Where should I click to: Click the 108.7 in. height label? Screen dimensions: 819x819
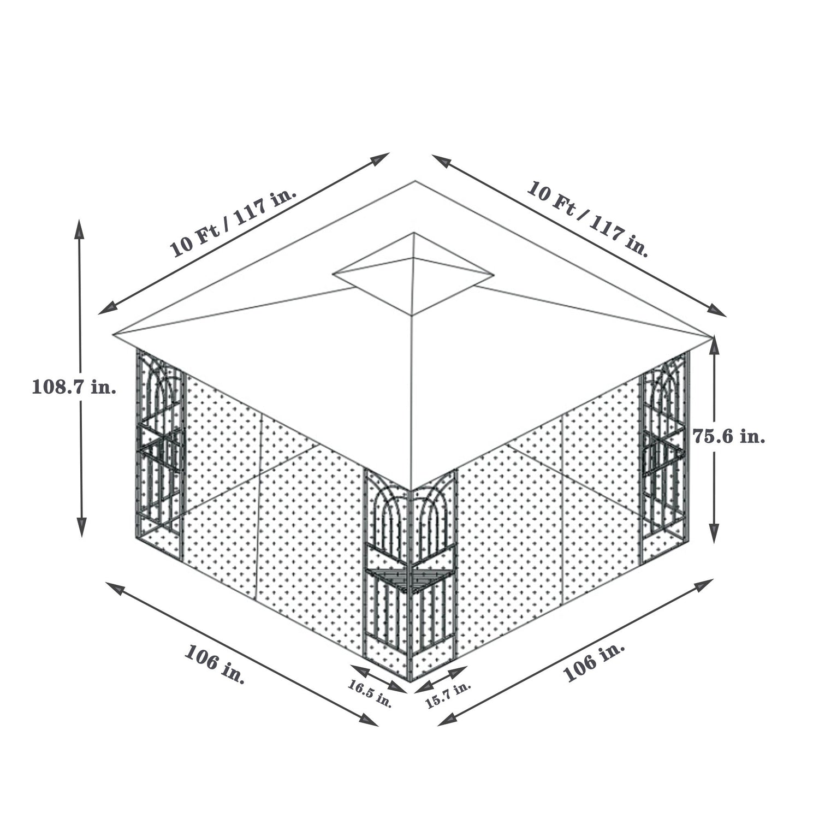(74, 387)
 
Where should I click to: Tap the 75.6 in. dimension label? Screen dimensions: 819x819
(729, 436)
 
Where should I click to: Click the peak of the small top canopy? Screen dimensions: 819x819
(414, 234)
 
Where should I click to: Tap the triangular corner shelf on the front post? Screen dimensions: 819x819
(410, 579)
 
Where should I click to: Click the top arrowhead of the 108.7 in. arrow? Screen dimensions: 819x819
(80, 225)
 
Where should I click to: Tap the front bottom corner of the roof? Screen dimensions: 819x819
(410, 490)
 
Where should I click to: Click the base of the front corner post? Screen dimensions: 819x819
(410, 679)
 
